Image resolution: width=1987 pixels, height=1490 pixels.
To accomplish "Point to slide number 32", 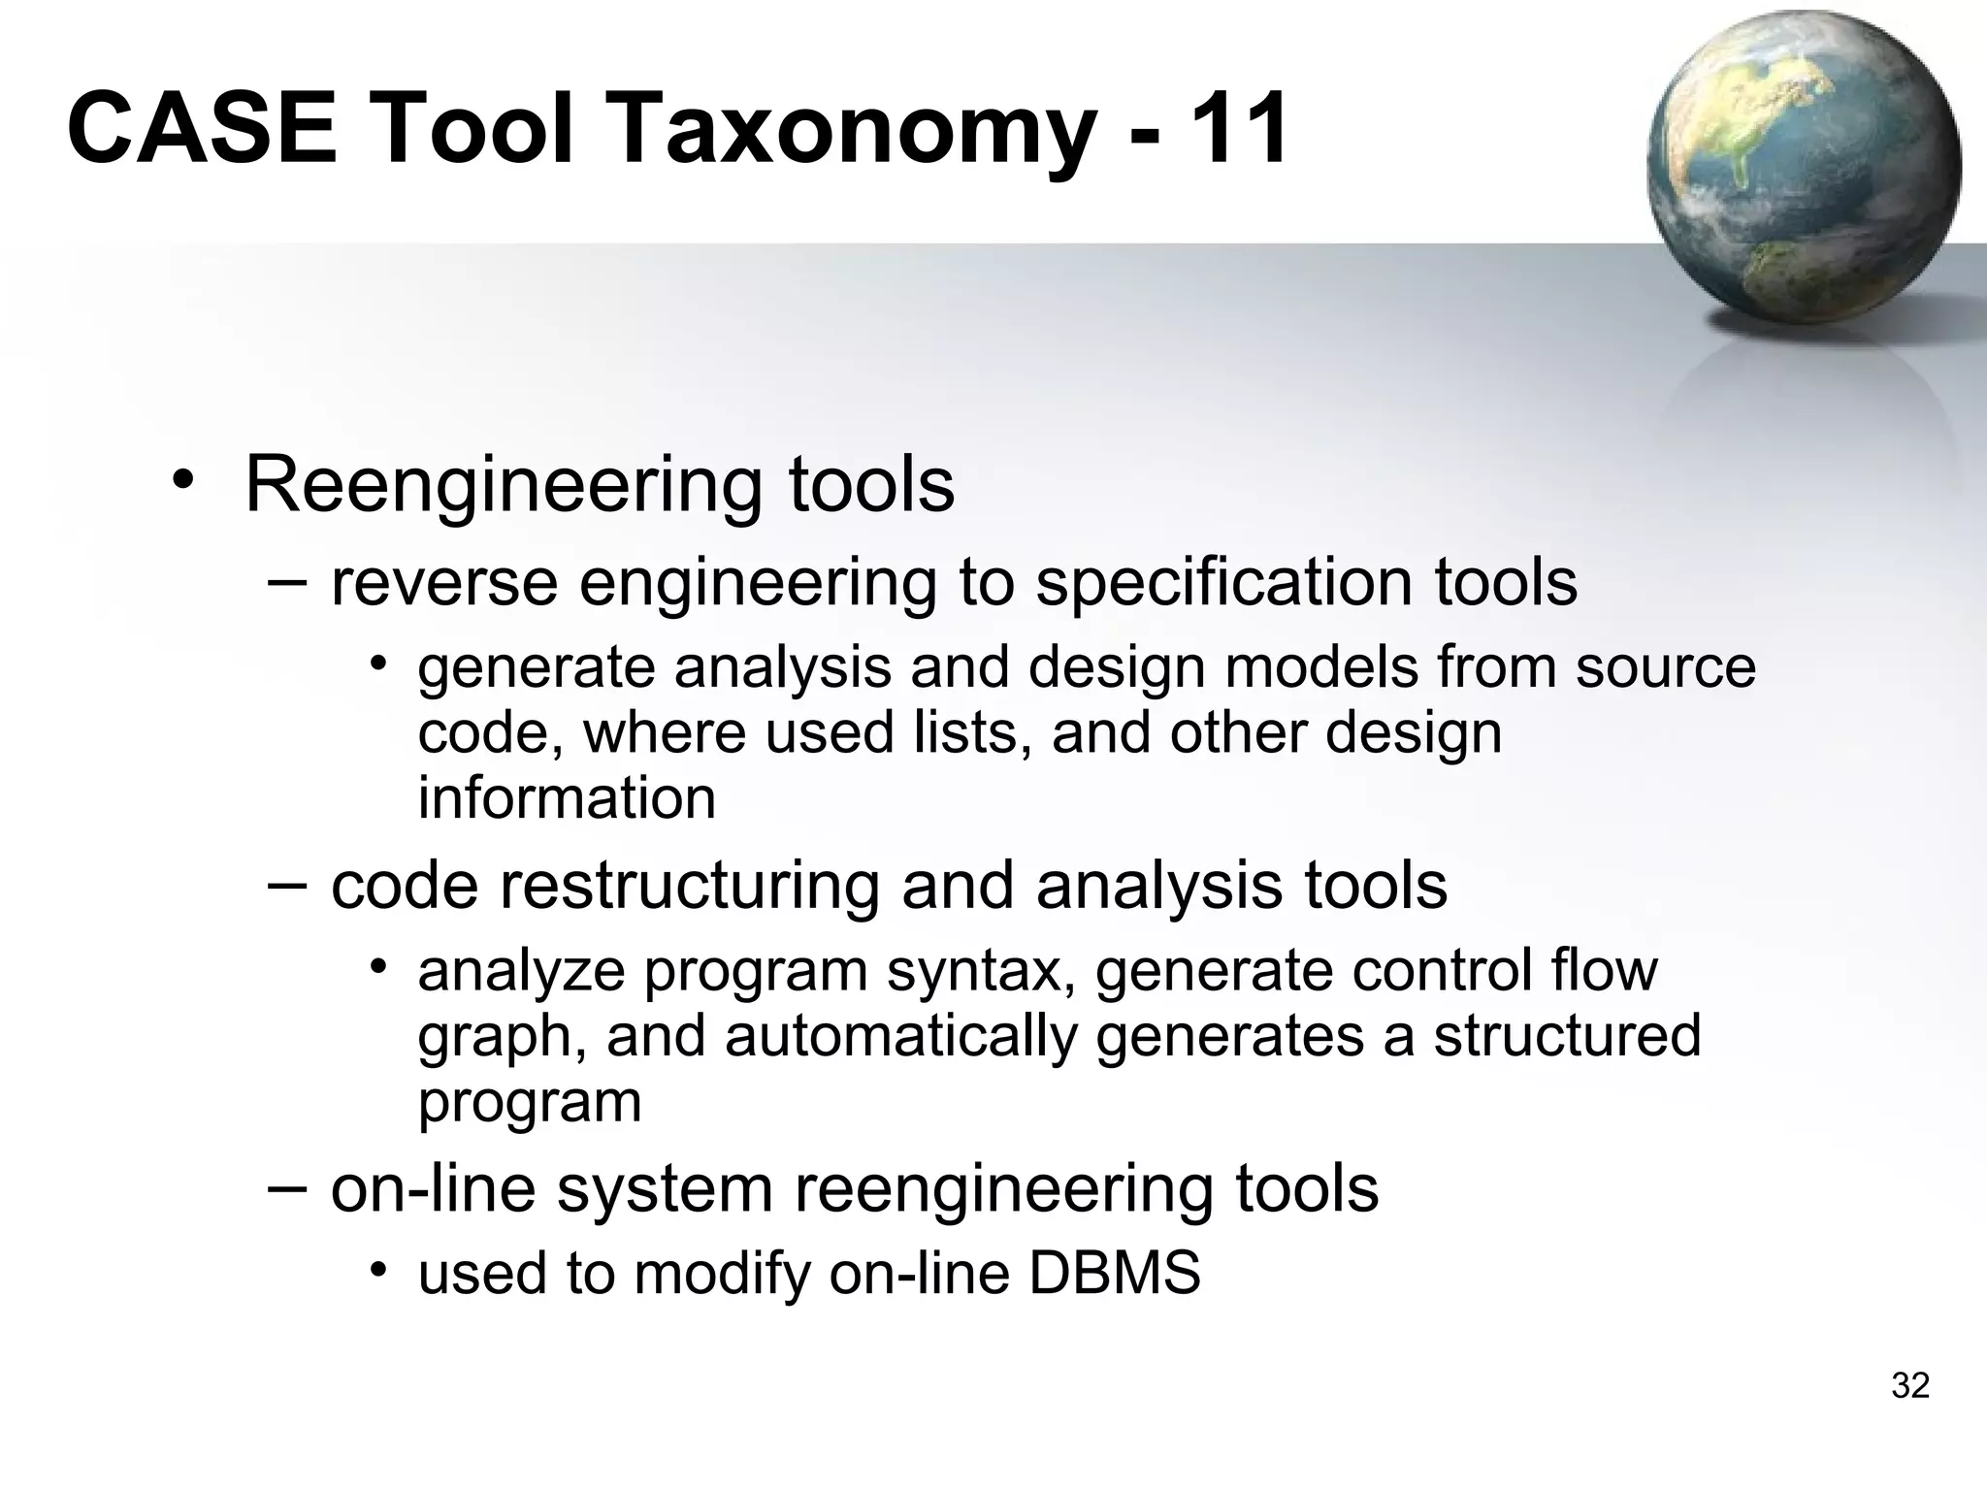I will pos(1910,1386).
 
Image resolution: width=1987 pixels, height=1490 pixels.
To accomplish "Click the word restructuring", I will pos(688,888).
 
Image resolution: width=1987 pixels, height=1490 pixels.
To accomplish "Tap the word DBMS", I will pos(1114,1273).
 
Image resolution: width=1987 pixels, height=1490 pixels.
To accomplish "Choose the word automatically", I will pos(901,1036).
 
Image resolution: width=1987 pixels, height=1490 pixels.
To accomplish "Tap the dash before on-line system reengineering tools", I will pos(287,1187).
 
